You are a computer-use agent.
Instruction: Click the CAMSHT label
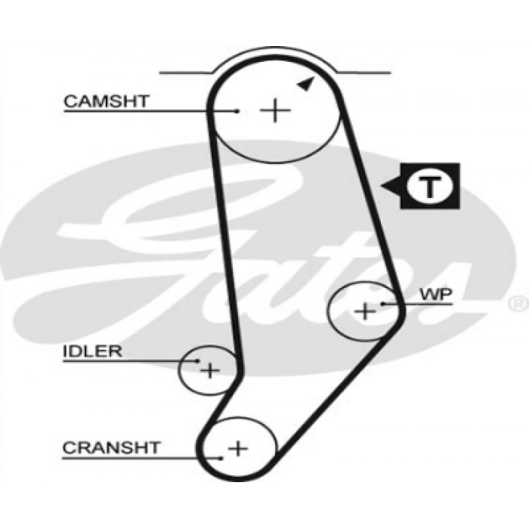(x=107, y=101)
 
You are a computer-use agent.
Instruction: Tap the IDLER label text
(x=92, y=351)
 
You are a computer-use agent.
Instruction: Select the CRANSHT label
(x=111, y=447)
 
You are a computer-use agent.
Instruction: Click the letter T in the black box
(x=428, y=186)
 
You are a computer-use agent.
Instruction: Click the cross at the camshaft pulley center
(x=275, y=111)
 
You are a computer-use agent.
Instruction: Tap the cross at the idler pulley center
(x=209, y=370)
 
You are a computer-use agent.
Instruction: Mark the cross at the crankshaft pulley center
(x=238, y=448)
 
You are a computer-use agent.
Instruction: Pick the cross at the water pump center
(x=365, y=310)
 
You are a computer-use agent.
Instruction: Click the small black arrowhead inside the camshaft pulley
(x=305, y=85)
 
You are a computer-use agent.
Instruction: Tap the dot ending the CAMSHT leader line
(x=237, y=111)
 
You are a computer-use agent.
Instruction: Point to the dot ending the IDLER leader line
(x=198, y=361)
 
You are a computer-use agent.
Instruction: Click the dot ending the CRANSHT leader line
(x=221, y=457)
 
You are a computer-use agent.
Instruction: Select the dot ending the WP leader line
(x=385, y=303)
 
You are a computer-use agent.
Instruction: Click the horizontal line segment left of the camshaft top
(x=185, y=73)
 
